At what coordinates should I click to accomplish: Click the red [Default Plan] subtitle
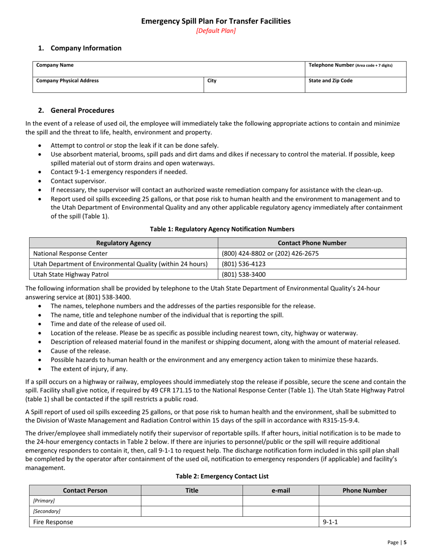point(216,31)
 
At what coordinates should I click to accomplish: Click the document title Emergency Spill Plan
point(216,21)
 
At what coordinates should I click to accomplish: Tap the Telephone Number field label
point(350,65)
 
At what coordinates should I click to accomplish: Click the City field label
point(212,81)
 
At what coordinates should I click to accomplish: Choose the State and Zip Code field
point(331,81)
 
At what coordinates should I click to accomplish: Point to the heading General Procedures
point(82,110)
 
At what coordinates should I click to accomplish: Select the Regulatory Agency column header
point(124,243)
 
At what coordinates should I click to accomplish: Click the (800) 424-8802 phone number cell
point(270,254)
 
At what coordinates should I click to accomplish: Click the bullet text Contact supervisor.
point(78,181)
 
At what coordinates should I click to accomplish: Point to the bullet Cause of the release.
point(80,351)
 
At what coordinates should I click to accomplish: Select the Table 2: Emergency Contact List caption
point(222,476)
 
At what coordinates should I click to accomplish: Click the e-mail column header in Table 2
point(281,490)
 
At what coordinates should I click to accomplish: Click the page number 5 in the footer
point(405,542)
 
